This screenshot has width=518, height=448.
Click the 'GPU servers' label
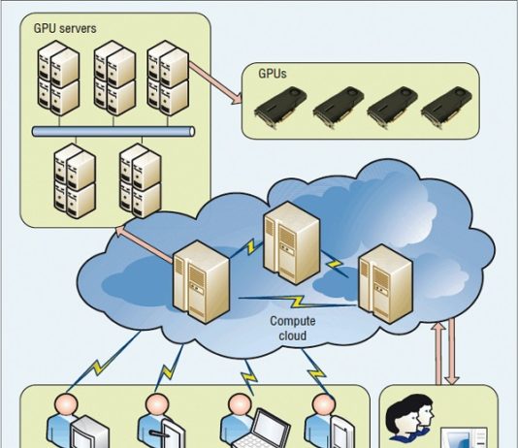(65, 28)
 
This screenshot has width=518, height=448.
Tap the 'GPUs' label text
(273, 74)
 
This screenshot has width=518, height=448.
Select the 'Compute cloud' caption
(293, 328)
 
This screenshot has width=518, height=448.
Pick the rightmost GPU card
(446, 107)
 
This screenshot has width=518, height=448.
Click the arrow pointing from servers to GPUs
(215, 82)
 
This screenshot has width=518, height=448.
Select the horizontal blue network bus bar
(113, 132)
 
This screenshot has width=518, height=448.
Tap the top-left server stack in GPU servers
(58, 78)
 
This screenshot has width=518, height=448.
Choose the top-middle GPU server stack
(114, 78)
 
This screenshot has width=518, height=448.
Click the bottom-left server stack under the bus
(75, 180)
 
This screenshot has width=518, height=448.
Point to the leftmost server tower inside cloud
(201, 282)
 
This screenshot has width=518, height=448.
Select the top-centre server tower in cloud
(292, 243)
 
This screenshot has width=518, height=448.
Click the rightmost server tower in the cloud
(385, 284)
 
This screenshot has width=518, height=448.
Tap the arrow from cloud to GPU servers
(144, 245)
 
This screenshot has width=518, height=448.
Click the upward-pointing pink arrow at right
(439, 354)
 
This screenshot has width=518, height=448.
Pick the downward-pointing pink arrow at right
(452, 351)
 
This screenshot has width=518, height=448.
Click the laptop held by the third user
(260, 430)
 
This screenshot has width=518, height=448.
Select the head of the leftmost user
(66, 405)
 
